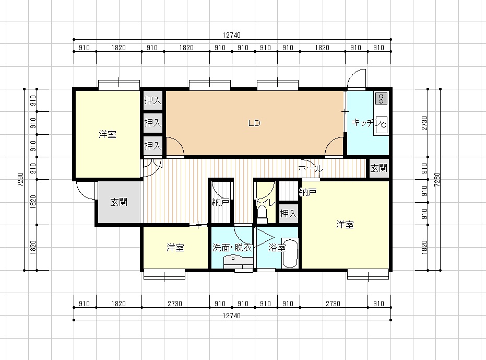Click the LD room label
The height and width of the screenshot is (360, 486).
click(x=254, y=123)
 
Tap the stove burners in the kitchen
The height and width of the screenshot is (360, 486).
click(x=381, y=99)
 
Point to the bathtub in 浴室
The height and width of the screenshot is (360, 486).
click(x=290, y=253)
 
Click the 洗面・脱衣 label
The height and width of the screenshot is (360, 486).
click(x=232, y=247)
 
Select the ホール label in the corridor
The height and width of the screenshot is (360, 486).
click(x=310, y=169)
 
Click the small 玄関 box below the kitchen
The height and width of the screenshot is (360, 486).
click(x=379, y=168)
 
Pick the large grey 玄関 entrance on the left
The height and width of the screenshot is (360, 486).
click(x=119, y=202)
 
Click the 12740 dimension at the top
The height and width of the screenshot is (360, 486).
click(x=232, y=35)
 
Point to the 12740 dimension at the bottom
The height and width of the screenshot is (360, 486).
click(x=232, y=316)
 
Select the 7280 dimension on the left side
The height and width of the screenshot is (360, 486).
click(x=20, y=180)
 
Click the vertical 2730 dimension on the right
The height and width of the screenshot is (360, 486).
click(x=424, y=123)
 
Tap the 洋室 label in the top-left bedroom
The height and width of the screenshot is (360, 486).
click(x=108, y=134)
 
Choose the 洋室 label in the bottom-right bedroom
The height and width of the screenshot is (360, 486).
click(x=345, y=224)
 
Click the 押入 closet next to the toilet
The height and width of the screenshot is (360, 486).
click(x=289, y=213)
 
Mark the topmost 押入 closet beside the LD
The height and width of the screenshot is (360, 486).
click(x=153, y=100)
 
